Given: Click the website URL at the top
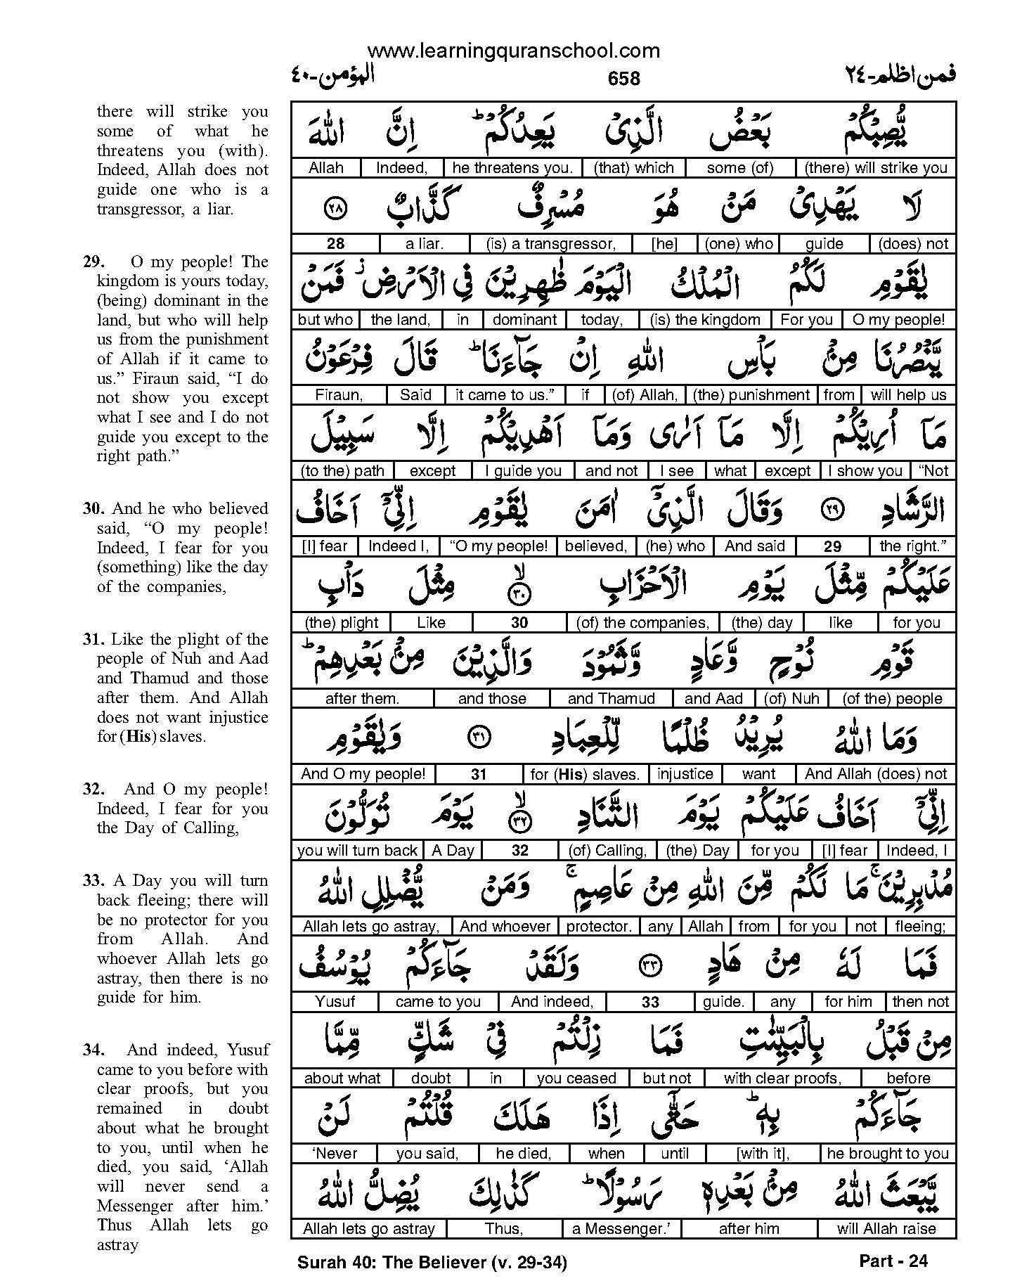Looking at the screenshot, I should (x=513, y=51).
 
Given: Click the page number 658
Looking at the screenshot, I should (x=623, y=79).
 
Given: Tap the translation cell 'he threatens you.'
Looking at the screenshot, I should (x=513, y=168).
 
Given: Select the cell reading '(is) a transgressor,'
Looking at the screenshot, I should (x=550, y=244).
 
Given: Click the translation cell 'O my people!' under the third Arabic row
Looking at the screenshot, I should (x=898, y=320).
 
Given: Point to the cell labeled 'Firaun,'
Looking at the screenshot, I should (x=339, y=395).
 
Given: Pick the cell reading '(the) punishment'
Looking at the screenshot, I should (x=751, y=395).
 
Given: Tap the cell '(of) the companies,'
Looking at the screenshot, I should (x=642, y=623).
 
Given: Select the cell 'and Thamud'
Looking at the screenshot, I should (x=611, y=699).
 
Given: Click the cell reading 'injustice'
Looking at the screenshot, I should (x=685, y=774).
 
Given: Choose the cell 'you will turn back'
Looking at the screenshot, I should (x=357, y=851).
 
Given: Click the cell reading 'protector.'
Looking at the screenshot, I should (x=599, y=927).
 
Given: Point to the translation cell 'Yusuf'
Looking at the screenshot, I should (x=335, y=1002).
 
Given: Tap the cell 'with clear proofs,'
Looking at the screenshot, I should (x=782, y=1078).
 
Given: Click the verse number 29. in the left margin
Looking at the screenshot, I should (x=94, y=262).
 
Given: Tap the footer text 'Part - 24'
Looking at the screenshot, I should (x=893, y=1261).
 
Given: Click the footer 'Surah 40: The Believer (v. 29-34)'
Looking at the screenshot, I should (x=432, y=1263).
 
